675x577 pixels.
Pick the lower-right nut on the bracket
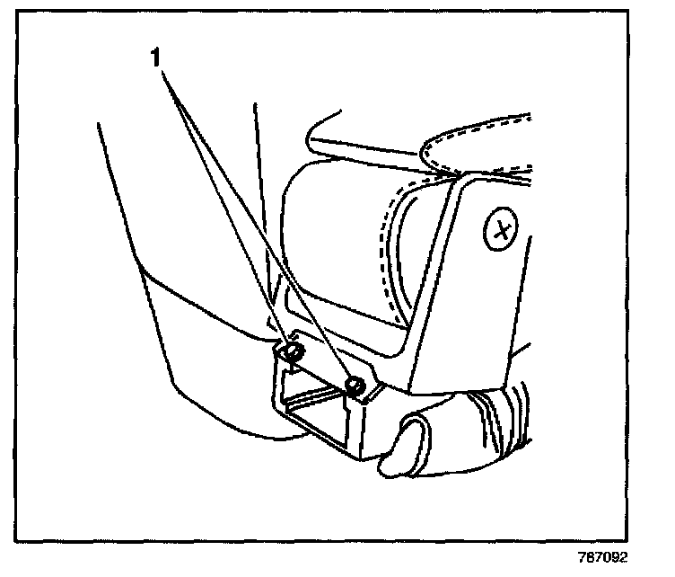(x=354, y=386)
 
